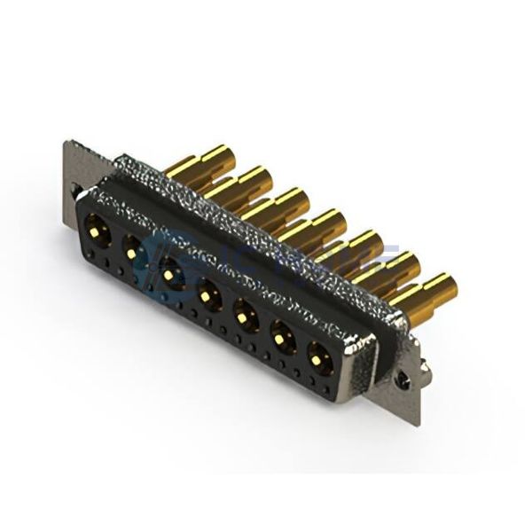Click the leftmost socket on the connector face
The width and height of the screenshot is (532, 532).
[98, 235]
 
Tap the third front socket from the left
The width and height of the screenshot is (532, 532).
[168, 274]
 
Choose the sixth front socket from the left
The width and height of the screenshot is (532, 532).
[281, 338]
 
